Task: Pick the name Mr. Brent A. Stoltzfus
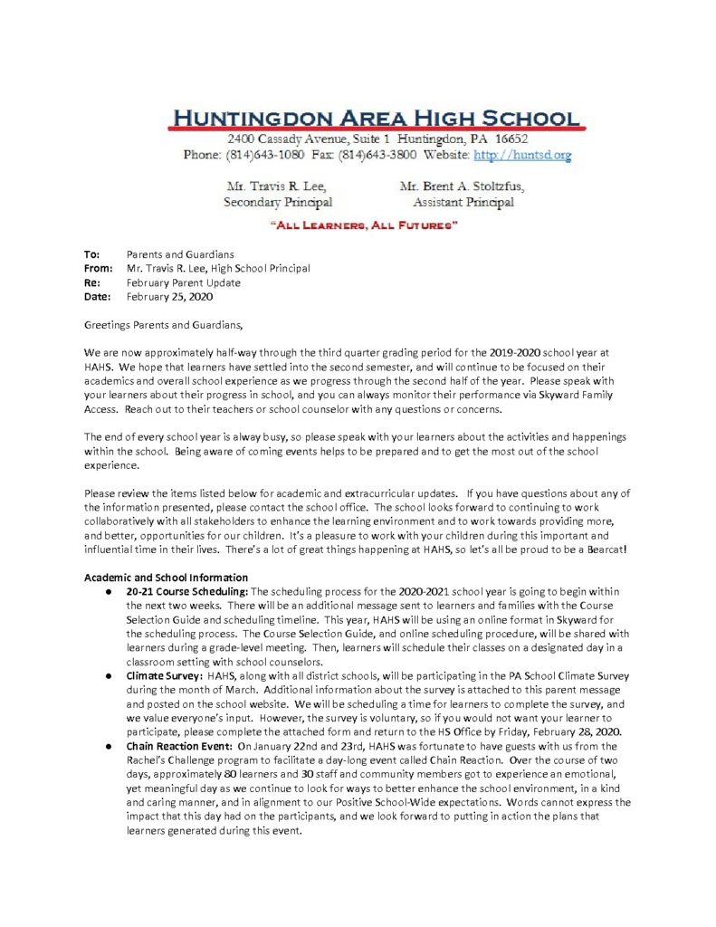[x=461, y=186]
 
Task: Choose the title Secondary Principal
[x=277, y=203]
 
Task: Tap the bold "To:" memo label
[x=92, y=255]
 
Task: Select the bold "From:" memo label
[x=99, y=269]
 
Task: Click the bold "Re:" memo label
[x=92, y=282]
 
